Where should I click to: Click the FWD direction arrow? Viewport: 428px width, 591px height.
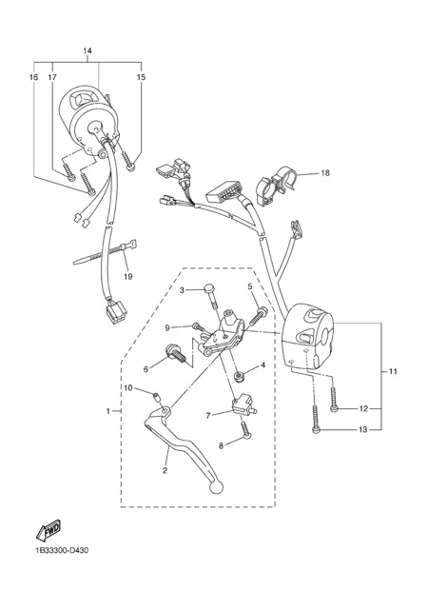click(x=49, y=530)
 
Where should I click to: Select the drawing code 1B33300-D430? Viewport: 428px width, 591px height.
click(x=62, y=551)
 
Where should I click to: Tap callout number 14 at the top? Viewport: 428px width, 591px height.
click(x=88, y=50)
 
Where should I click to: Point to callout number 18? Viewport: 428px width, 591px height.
click(x=325, y=173)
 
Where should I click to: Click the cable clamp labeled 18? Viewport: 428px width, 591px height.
click(x=278, y=185)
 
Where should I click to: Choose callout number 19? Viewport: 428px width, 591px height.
click(x=128, y=277)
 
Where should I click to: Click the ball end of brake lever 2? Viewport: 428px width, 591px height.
click(x=216, y=487)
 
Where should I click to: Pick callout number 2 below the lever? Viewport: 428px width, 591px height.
click(x=165, y=470)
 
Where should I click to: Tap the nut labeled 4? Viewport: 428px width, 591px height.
click(x=238, y=376)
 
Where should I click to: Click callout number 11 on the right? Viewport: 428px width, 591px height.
click(x=393, y=372)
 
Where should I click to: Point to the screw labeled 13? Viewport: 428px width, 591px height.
click(x=316, y=419)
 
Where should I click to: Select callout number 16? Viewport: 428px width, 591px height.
click(x=33, y=77)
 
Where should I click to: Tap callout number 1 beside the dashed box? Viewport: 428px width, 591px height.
click(x=108, y=411)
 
